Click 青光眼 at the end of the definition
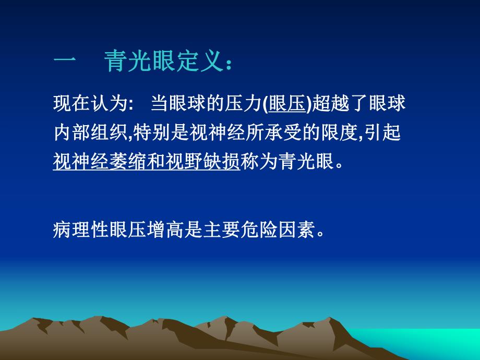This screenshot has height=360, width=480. pos(304,163)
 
